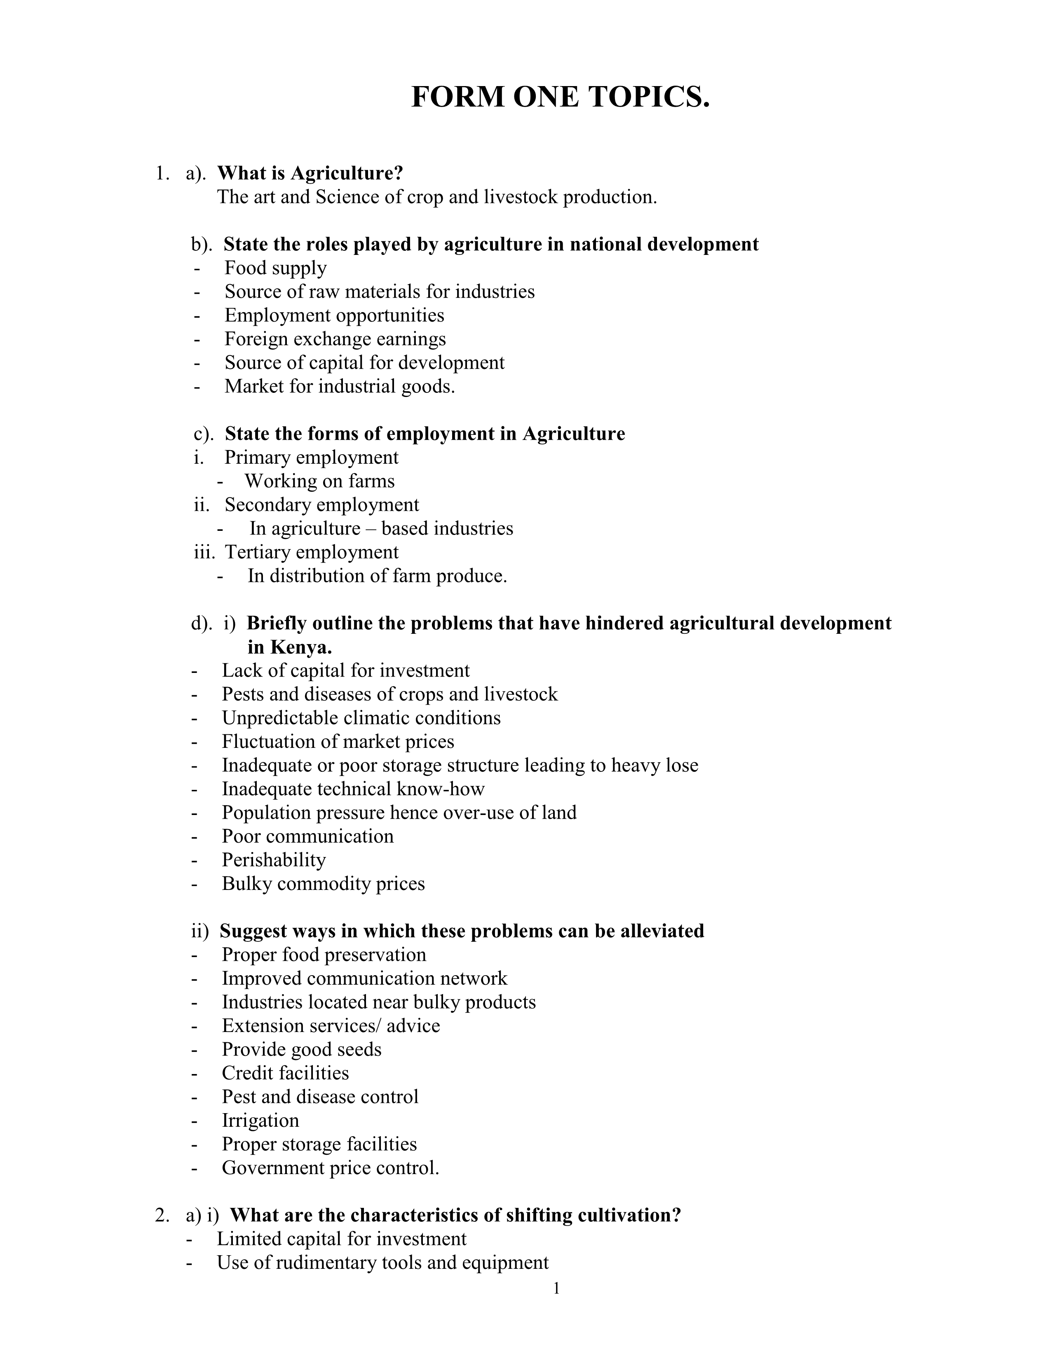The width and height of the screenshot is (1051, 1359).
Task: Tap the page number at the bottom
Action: click(x=556, y=1289)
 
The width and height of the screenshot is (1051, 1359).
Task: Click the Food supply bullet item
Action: click(x=275, y=268)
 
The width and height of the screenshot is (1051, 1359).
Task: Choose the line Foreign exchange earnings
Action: click(x=335, y=339)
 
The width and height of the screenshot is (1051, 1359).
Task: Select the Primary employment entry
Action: click(x=311, y=458)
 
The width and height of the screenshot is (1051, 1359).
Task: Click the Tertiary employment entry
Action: click(x=311, y=552)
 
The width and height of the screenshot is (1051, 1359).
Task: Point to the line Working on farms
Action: click(x=319, y=481)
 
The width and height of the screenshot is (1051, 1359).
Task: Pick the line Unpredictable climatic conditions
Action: click(x=361, y=718)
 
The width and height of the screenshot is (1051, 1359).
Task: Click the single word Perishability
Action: click(x=274, y=860)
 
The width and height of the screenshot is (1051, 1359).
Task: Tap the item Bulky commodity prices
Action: click(x=323, y=884)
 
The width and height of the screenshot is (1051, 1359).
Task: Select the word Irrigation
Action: click(x=260, y=1121)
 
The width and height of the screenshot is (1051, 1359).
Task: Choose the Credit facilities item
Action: click(x=285, y=1073)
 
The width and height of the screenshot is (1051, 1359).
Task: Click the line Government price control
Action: click(x=330, y=1168)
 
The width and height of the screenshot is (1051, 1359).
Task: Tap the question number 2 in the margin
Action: click(x=161, y=1215)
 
